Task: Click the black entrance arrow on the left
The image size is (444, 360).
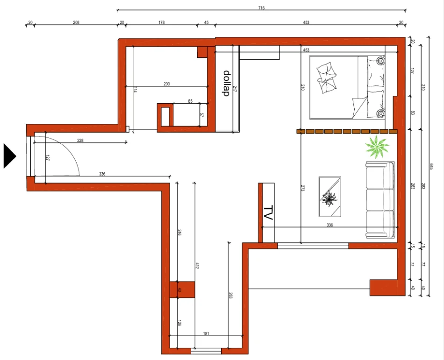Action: tap(10, 156)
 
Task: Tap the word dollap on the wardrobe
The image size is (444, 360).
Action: tap(226, 83)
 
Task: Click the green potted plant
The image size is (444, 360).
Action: tap(377, 147)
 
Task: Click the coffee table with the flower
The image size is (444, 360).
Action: tap(329, 197)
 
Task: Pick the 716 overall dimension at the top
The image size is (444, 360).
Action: tap(261, 7)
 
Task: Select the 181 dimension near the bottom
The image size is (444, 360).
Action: tap(206, 333)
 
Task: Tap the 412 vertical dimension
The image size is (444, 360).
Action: tap(197, 266)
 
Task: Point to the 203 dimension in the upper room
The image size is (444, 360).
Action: tap(167, 84)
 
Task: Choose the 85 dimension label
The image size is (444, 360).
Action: tap(190, 101)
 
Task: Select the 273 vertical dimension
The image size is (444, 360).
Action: tap(302, 189)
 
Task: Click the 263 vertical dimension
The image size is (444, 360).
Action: tap(230, 295)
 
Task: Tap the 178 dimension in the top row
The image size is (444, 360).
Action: tap(162, 22)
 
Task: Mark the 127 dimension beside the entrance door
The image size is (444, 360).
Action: tap(48, 157)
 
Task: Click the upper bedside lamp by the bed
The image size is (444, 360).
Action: tap(380, 61)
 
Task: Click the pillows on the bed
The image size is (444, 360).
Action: tap(327, 77)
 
